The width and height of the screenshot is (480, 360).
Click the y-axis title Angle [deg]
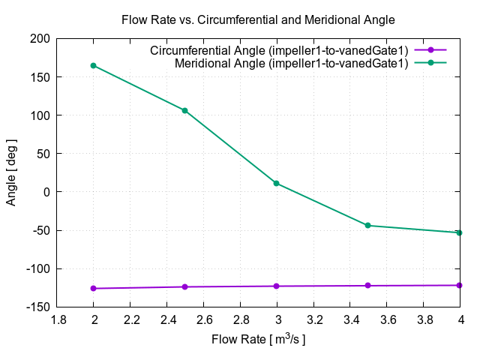(x=11, y=172)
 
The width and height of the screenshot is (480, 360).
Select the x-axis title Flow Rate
(x=259, y=340)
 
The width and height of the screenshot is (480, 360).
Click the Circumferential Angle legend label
(x=279, y=50)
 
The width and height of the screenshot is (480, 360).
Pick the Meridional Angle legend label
(x=292, y=63)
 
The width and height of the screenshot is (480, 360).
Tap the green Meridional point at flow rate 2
(x=94, y=65)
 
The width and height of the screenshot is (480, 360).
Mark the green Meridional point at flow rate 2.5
(x=185, y=110)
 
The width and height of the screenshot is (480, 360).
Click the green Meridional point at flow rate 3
(x=277, y=183)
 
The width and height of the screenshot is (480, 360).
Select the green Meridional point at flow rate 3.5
(x=368, y=225)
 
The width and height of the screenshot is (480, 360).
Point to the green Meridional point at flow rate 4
(x=460, y=232)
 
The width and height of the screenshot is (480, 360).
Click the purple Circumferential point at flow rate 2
(x=94, y=288)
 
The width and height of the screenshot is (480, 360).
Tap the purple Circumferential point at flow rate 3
(x=277, y=286)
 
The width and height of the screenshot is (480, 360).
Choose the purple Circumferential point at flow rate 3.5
(x=368, y=285)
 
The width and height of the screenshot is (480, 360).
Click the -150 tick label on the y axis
(x=38, y=307)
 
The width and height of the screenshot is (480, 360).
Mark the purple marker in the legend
(x=430, y=50)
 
